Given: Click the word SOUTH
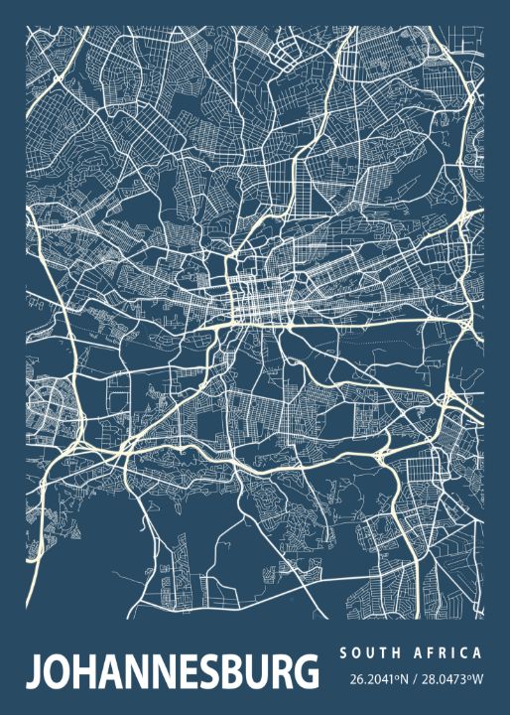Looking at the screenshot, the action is [368, 653].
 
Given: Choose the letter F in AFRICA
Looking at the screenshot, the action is [432, 653].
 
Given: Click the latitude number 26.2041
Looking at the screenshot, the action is [370, 680].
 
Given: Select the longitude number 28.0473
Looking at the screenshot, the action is [444, 680].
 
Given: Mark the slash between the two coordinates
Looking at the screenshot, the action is [415, 680].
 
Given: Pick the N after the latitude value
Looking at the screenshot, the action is [403, 680].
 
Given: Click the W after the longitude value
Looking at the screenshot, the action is [477, 680].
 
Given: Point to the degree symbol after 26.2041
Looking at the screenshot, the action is [394, 677].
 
